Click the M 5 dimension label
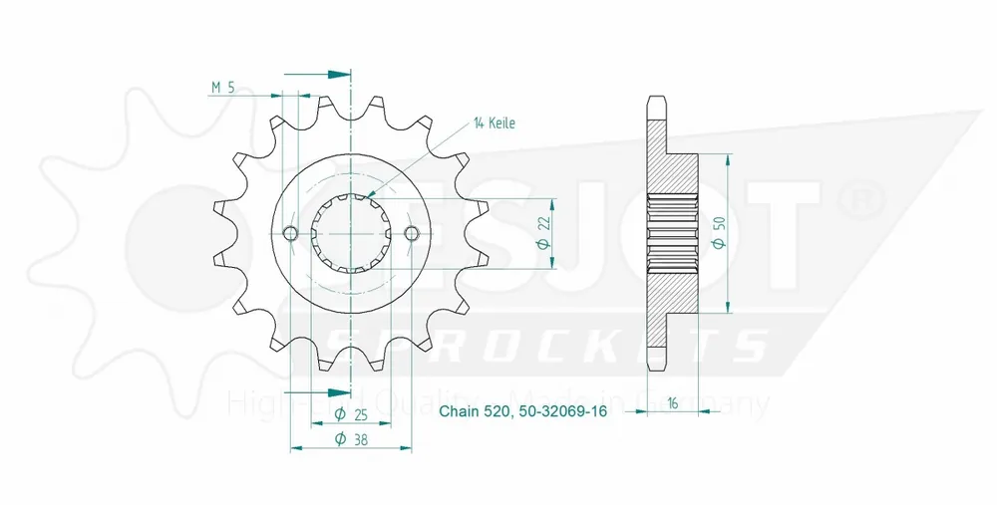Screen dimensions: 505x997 point(223,88)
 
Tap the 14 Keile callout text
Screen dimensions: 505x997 point(495,124)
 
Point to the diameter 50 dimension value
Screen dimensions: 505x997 point(718,232)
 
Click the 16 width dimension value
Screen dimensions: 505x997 point(674,403)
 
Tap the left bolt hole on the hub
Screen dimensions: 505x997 point(290,233)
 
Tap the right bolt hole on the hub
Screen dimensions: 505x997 point(412,233)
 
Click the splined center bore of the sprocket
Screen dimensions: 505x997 point(351,233)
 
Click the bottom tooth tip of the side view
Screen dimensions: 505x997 point(656,365)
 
